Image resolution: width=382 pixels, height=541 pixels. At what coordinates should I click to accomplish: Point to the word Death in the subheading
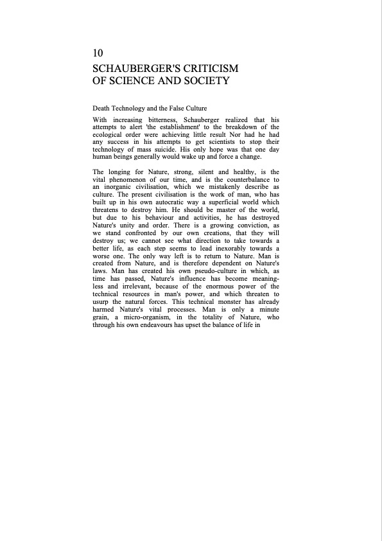click(x=101, y=109)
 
